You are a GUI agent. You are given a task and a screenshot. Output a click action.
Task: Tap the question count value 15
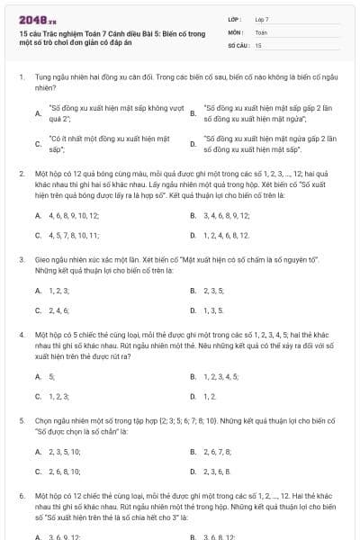click(258, 44)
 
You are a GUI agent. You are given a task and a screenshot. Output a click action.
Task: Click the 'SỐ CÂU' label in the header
click(238, 44)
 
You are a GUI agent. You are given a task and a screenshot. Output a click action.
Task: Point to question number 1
click(21, 77)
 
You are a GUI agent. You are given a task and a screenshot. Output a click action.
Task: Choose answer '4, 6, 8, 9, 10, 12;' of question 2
click(71, 216)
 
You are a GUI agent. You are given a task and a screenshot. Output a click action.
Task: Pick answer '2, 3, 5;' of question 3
click(214, 291)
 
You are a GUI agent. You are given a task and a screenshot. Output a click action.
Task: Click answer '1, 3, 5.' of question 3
click(213, 310)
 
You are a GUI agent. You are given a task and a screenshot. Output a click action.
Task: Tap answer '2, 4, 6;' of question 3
click(58, 310)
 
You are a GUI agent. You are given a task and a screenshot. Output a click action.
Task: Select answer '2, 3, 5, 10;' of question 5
click(64, 452)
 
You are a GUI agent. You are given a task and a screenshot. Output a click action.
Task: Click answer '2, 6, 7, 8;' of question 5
click(218, 452)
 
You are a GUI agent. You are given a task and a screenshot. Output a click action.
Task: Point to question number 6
click(21, 496)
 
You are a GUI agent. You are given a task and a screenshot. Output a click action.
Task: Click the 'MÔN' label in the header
click(237, 31)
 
